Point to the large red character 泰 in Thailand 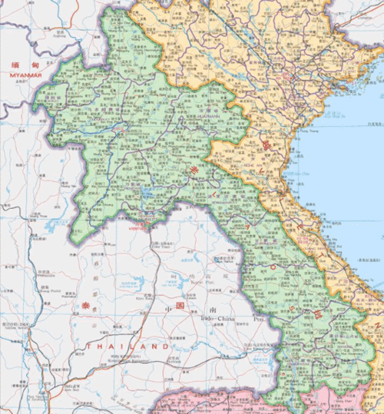(x=85, y=306)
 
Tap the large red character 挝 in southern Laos (x=315, y=313)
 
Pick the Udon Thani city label (x=162, y=247)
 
